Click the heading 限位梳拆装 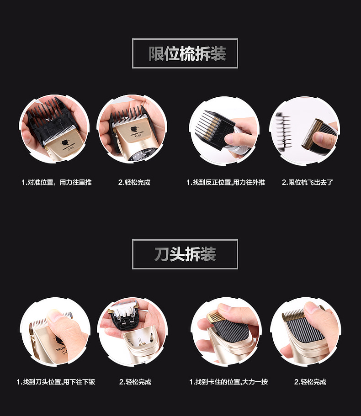tap(187, 53)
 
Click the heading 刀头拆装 tap(185, 254)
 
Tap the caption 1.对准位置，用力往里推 tap(57, 182)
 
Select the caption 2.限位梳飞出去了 tap(307, 182)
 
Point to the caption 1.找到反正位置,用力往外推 tap(226, 182)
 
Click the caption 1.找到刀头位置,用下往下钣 tap(56, 382)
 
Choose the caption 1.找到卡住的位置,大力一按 tap(228, 382)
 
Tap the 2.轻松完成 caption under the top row tap(134, 182)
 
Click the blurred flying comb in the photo tap(283, 130)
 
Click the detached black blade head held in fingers tap(125, 315)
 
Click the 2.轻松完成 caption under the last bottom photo tap(310, 382)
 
